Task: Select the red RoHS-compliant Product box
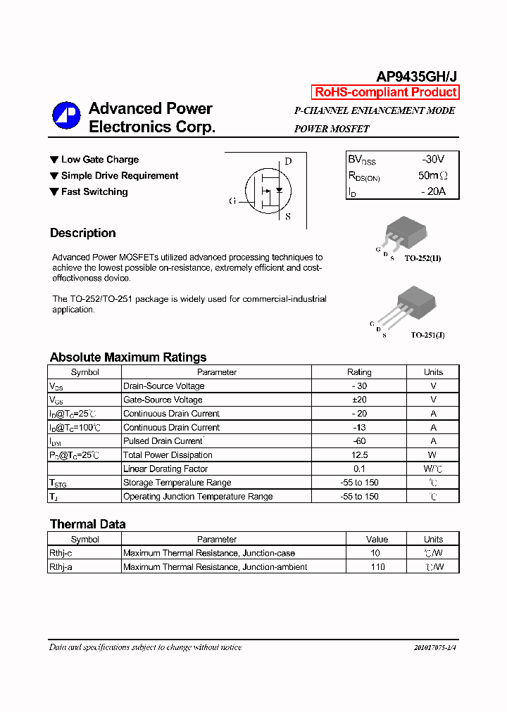[x=385, y=92]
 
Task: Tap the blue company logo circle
[x=66, y=116]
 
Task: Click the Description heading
[x=82, y=233]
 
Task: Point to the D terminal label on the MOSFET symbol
[x=288, y=161]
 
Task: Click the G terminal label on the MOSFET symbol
[x=232, y=201]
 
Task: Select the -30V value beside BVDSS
[x=433, y=159]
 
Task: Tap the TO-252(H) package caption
[x=423, y=259]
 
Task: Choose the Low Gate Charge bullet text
[x=99, y=160]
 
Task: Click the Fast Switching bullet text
[x=94, y=191]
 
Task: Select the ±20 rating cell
[x=359, y=400]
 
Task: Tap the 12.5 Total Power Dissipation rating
[x=359, y=455]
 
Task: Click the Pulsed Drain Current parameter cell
[x=163, y=441]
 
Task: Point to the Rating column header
[x=359, y=372]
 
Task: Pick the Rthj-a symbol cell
[x=61, y=567]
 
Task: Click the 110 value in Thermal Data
[x=377, y=567]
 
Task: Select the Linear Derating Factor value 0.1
[x=359, y=469]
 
